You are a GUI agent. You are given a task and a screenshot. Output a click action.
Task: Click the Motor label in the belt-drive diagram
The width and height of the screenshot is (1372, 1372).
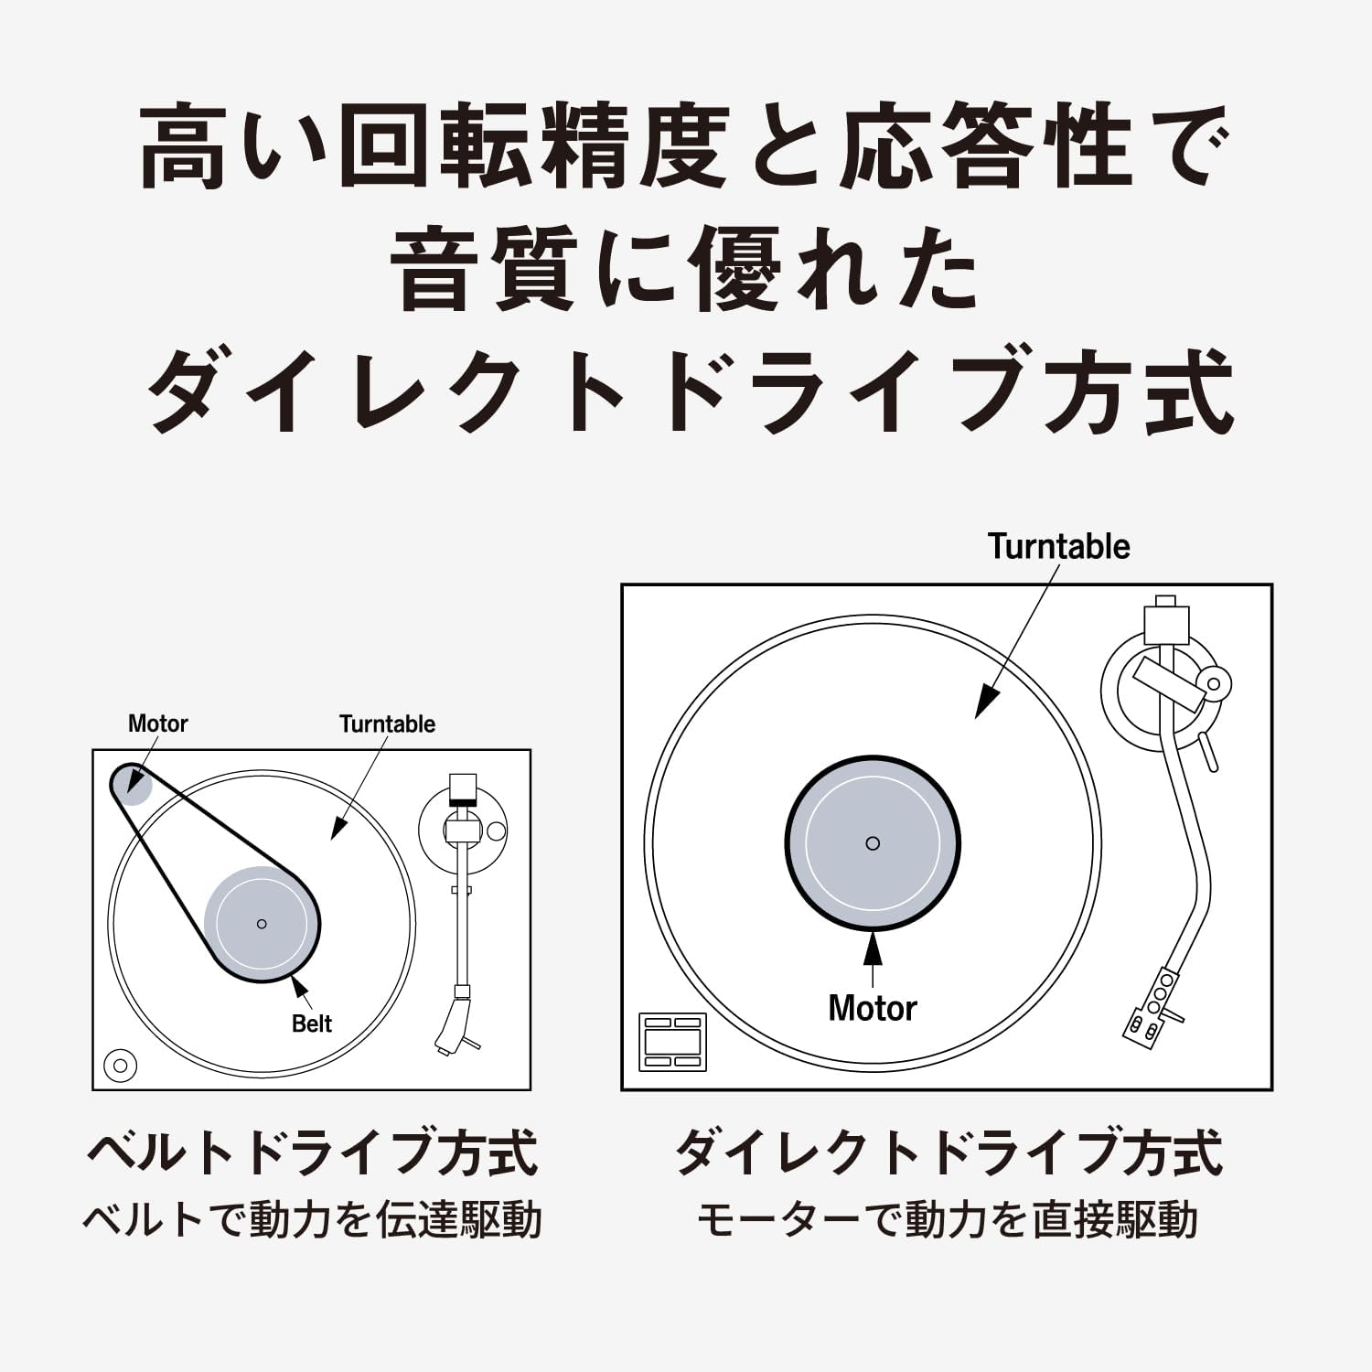(157, 724)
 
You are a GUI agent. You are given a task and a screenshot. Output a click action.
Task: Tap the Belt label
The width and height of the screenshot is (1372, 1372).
(311, 1024)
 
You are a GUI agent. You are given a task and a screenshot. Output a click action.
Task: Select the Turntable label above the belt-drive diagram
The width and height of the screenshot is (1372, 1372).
(387, 724)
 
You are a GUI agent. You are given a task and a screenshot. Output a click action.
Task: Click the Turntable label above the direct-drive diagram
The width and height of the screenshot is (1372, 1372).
(1058, 546)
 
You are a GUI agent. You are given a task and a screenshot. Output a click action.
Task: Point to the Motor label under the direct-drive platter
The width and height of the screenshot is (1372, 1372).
(872, 1008)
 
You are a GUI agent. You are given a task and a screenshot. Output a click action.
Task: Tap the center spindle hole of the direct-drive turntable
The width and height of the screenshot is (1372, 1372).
(872, 843)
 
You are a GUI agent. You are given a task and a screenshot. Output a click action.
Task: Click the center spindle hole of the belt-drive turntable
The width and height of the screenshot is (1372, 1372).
(262, 924)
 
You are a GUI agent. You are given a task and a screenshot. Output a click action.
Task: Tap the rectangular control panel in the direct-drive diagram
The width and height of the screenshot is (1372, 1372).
(672, 1042)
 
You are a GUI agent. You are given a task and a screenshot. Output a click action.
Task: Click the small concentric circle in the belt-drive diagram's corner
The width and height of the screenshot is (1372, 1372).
(120, 1066)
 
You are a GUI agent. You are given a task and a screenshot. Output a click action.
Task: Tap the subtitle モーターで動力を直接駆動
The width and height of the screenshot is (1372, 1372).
(948, 1220)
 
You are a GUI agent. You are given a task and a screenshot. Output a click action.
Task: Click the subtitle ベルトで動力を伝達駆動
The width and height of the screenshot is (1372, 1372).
(312, 1220)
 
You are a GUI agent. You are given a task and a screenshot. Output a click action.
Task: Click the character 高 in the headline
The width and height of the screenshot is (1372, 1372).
(183, 146)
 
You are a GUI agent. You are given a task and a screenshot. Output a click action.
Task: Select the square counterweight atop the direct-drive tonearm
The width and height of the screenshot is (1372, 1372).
(1165, 624)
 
